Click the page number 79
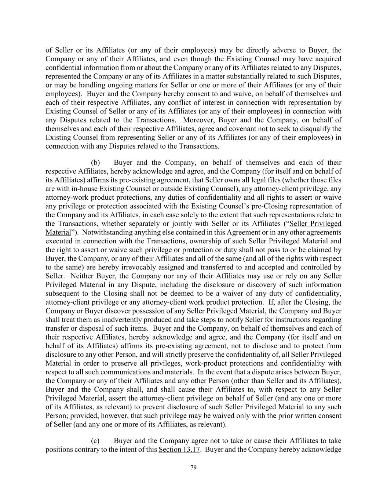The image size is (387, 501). (194, 467)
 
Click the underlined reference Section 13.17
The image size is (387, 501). (179, 450)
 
